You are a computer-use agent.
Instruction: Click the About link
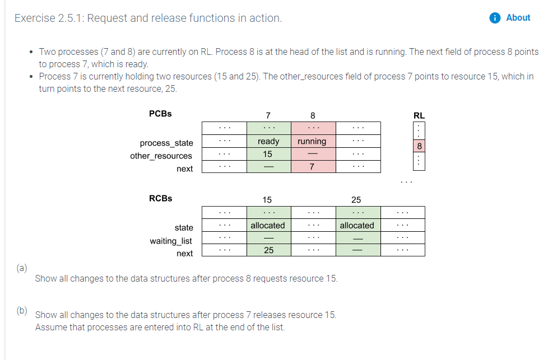click(518, 18)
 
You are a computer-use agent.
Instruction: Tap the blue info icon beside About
click(495, 18)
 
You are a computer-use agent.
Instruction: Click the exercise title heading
click(148, 18)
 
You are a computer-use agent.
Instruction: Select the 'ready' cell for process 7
click(268, 141)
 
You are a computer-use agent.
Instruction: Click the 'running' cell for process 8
click(313, 141)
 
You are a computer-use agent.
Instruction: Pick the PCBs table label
click(160, 114)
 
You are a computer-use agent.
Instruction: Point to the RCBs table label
click(160, 198)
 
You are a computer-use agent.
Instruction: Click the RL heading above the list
click(419, 115)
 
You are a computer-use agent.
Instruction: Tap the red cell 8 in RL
click(419, 146)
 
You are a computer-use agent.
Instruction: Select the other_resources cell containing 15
click(268, 154)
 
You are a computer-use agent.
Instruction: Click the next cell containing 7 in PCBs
click(313, 167)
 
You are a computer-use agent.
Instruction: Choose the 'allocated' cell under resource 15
click(268, 225)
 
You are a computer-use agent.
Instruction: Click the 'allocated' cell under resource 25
click(357, 225)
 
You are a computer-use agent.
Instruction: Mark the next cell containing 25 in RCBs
click(268, 250)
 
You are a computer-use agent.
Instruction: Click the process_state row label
click(166, 143)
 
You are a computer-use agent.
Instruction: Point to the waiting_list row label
click(170, 241)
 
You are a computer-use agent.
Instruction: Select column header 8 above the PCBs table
click(313, 115)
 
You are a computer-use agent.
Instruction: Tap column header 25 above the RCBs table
click(356, 200)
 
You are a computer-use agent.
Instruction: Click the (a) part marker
click(21, 268)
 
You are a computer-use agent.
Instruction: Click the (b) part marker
click(21, 309)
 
